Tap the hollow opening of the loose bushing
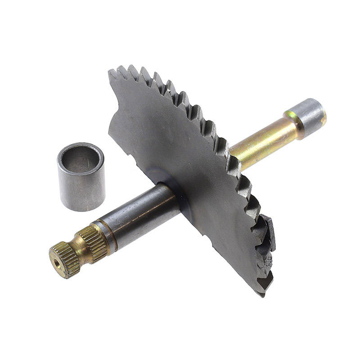pyautogui.click(x=81, y=158)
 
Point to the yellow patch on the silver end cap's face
pyautogui.click(x=323, y=118)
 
